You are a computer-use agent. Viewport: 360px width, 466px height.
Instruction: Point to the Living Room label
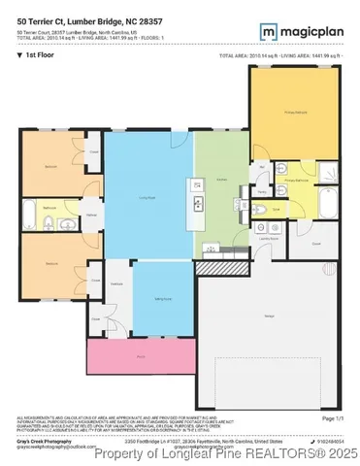pos(148,197)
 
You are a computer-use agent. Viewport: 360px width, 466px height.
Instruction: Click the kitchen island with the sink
pos(198,203)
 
